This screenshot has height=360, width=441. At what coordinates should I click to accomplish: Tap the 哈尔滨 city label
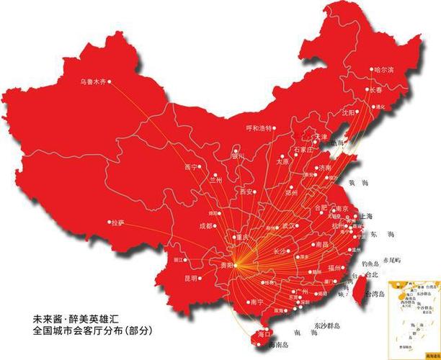click(x=384, y=70)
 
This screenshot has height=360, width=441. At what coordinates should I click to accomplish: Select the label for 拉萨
click(x=117, y=222)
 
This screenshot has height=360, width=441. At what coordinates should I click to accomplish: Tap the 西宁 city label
click(x=190, y=166)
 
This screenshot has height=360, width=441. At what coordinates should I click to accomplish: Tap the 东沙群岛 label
click(x=328, y=328)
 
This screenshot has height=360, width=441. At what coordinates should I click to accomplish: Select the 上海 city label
click(x=364, y=216)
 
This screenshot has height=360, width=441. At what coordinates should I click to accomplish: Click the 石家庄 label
click(x=303, y=149)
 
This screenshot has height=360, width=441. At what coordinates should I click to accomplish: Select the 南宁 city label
click(x=255, y=302)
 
